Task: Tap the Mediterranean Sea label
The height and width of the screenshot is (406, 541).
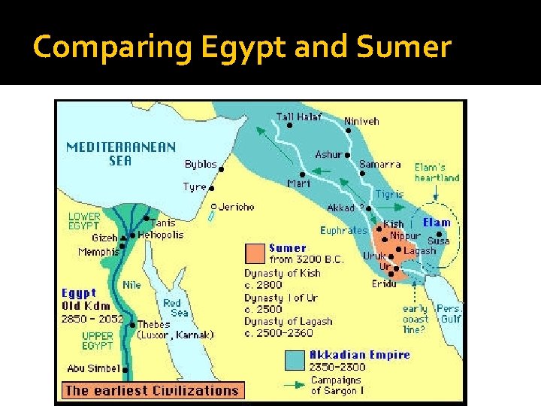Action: [x=121, y=153]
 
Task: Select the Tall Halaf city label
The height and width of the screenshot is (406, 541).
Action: [x=299, y=117]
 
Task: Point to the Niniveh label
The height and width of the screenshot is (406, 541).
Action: [x=361, y=120]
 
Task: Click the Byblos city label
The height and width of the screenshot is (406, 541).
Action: [x=201, y=164]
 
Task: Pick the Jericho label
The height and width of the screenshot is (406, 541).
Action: [x=237, y=207]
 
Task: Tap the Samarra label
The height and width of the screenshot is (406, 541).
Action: [x=379, y=165]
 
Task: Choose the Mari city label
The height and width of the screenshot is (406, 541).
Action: [x=298, y=183]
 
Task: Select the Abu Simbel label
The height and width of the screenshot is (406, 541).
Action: [x=92, y=368]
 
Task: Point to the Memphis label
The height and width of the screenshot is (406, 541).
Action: [x=98, y=252]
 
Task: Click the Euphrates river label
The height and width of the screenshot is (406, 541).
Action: [x=343, y=231]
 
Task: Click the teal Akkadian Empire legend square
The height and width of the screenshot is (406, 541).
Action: [x=295, y=360]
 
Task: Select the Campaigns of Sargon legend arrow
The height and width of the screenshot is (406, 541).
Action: [x=295, y=385]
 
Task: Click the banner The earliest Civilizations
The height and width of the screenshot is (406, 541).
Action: [x=152, y=389]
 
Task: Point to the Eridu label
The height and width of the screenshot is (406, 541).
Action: [x=385, y=283]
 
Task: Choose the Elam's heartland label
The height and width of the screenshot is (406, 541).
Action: [x=437, y=172]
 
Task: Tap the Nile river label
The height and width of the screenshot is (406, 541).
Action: [x=131, y=285]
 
